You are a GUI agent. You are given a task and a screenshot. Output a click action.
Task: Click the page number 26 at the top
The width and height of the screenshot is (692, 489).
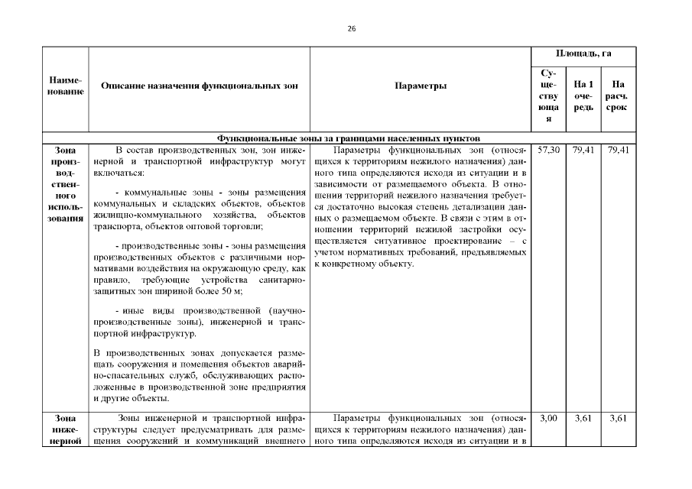pyautogui.click(x=352, y=28)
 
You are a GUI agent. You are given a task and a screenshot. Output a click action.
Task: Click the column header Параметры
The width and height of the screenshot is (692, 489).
pyautogui.click(x=421, y=86)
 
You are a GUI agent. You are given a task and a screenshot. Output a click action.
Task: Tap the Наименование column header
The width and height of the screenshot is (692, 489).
pyautogui.click(x=66, y=86)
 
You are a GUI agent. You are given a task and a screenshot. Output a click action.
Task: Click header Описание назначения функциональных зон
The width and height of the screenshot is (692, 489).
pyautogui.click(x=200, y=86)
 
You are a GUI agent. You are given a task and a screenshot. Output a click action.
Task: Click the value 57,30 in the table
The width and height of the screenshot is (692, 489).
pyautogui.click(x=549, y=151)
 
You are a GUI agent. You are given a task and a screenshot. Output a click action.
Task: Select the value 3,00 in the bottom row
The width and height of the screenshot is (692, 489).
pyautogui.click(x=549, y=419)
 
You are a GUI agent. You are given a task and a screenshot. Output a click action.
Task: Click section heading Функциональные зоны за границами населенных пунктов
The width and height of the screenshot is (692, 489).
pyautogui.click(x=348, y=138)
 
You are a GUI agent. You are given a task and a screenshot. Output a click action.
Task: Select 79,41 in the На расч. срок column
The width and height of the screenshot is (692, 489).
pyautogui.click(x=618, y=151)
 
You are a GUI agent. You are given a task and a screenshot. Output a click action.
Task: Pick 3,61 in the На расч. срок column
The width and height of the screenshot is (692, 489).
pyautogui.click(x=618, y=419)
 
